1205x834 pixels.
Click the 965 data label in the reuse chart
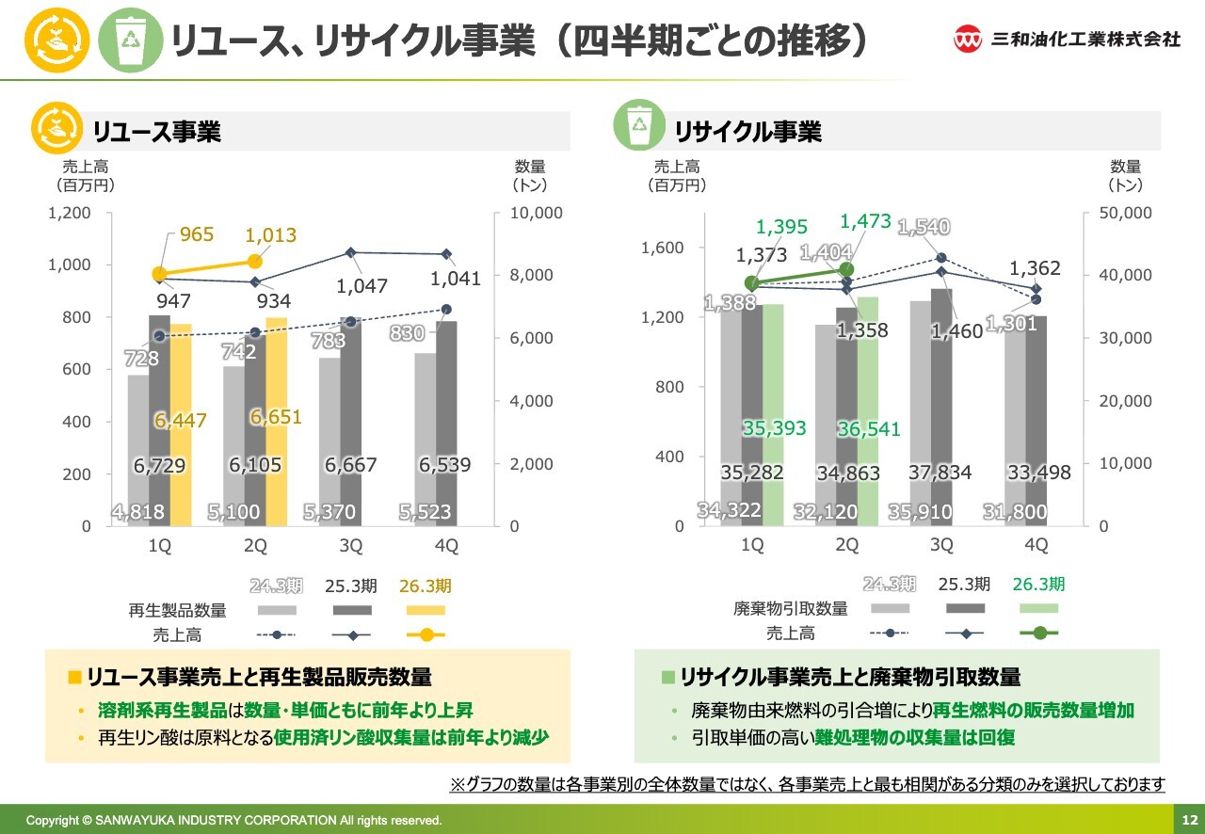click(197, 233)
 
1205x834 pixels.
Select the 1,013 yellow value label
click(270, 235)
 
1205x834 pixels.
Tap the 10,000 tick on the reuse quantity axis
click(537, 213)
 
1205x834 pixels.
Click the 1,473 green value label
click(865, 222)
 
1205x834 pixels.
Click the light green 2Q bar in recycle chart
click(868, 410)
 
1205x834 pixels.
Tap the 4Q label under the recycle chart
click(1036, 545)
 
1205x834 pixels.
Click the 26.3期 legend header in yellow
click(426, 585)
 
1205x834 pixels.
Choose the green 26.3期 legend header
click(1038, 584)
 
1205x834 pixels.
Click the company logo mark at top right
click(968, 40)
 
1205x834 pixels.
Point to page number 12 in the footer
click(1189, 819)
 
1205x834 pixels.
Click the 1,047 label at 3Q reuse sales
click(362, 286)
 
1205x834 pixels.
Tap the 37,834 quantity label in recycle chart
click(940, 472)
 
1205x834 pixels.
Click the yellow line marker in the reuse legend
click(426, 634)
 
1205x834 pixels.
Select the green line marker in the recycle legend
click(1038, 633)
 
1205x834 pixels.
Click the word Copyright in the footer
click(53, 820)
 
